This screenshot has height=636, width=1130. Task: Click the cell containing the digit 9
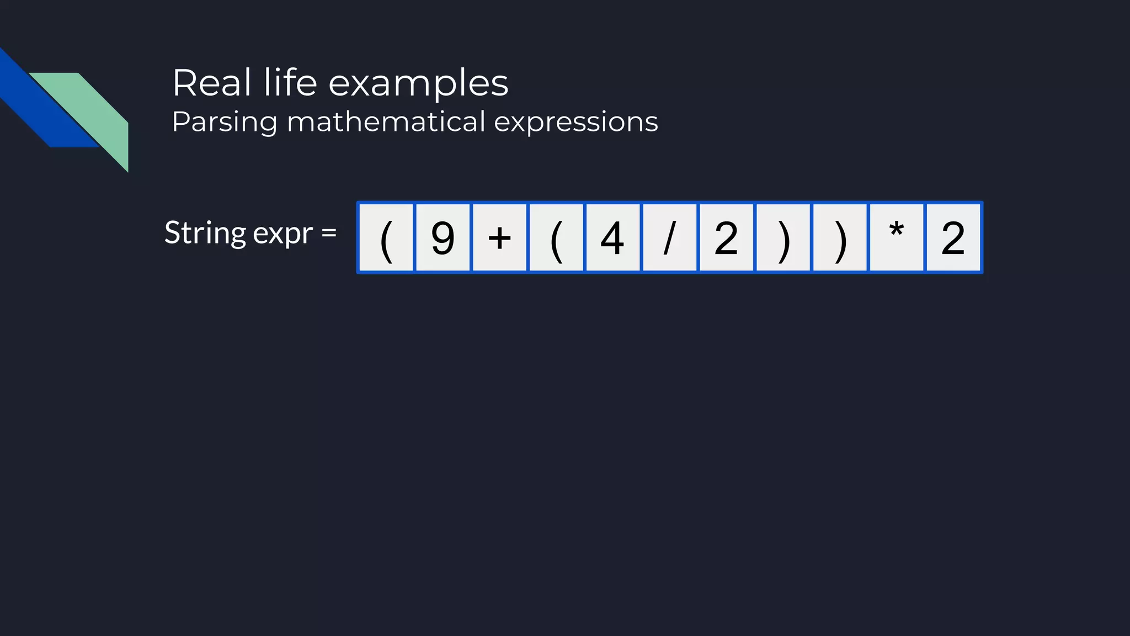click(443, 237)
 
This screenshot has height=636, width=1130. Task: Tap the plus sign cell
click(499, 237)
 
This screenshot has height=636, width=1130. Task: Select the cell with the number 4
click(612, 237)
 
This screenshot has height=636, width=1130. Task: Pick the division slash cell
click(669, 237)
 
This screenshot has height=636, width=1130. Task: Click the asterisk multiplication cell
click(896, 237)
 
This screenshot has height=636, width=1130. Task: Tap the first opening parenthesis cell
click(386, 237)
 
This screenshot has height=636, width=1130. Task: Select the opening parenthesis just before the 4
click(556, 237)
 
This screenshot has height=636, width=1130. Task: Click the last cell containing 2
click(953, 237)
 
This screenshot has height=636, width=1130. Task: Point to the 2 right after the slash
click(726, 237)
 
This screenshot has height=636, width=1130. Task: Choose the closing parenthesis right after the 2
click(783, 237)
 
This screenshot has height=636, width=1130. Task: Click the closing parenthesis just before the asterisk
click(839, 237)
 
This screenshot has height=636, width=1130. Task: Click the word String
click(205, 233)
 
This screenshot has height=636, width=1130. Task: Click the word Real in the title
click(212, 83)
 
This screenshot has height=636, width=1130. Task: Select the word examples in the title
click(418, 84)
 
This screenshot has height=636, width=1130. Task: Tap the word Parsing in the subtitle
click(224, 122)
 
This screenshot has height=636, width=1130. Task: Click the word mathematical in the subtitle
click(386, 121)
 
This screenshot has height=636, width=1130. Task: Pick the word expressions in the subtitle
click(575, 123)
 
